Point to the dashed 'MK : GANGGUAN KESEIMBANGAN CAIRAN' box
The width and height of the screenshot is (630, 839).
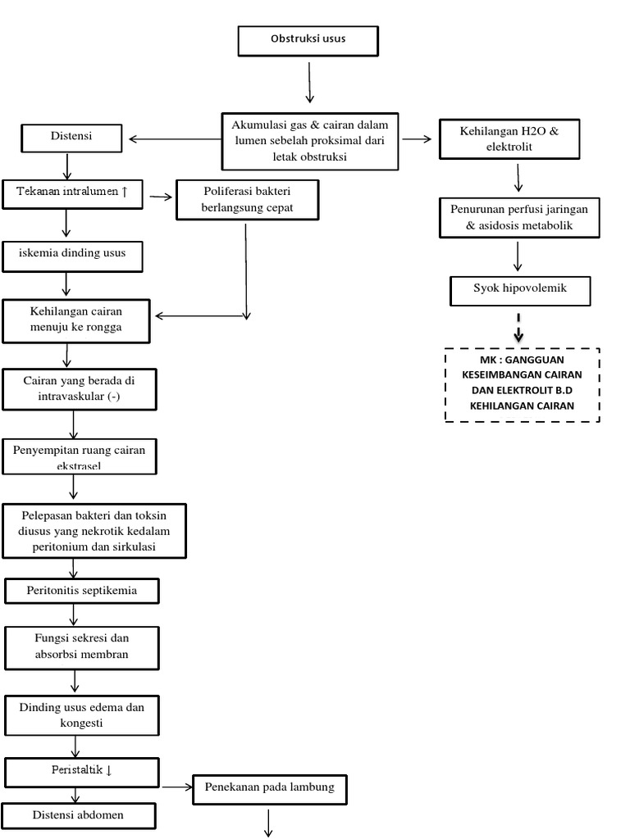[x=522, y=384]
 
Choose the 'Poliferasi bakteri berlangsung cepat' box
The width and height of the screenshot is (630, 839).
[x=247, y=200]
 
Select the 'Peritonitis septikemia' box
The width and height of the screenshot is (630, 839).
[x=81, y=590]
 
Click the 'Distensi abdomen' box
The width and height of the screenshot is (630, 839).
[x=80, y=815]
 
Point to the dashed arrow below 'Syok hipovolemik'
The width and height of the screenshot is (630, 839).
[x=518, y=328]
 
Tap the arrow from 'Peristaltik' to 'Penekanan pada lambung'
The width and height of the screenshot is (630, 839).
[x=176, y=788]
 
